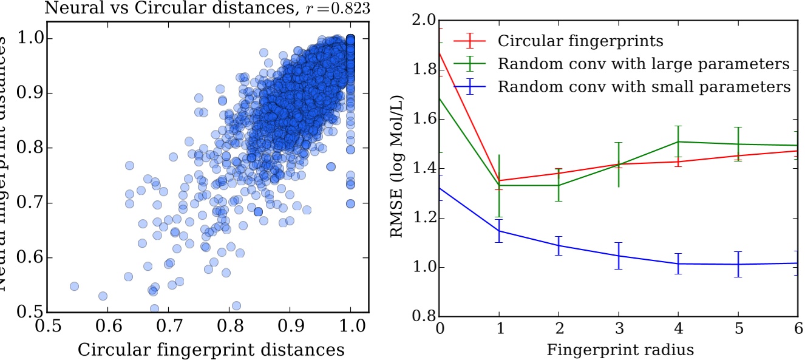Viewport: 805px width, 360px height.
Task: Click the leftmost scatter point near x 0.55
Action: point(74,286)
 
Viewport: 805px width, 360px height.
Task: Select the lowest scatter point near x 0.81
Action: point(236,305)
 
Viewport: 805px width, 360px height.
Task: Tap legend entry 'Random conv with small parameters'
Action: point(644,86)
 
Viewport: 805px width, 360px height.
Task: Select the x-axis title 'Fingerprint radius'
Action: point(620,350)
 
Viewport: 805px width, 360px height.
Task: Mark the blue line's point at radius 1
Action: point(498,231)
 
